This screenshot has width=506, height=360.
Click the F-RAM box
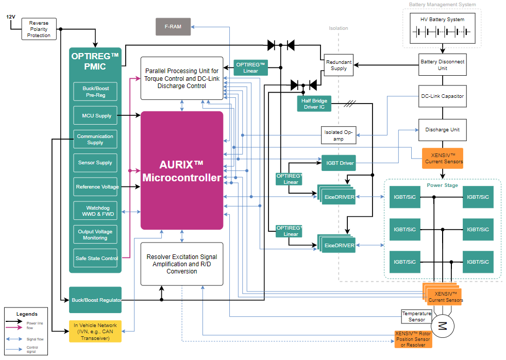pos(173,26)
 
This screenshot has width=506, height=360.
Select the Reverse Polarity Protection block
pos(39,29)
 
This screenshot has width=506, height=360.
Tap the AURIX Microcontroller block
pos(181,170)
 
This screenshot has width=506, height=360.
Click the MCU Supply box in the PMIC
pos(95,115)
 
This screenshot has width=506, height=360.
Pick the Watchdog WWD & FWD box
pos(95,211)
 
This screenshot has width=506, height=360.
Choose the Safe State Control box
pos(95,258)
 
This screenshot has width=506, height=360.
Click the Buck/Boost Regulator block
pos(95,300)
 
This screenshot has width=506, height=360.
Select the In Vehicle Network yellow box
pos(95,331)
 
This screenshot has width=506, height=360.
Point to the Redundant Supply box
pos(339,65)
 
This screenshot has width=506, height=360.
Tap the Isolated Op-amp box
pos(339,135)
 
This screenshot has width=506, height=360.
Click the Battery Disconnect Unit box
pos(442,64)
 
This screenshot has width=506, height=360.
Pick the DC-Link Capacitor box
pos(442,96)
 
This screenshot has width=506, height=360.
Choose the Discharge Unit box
pos(442,130)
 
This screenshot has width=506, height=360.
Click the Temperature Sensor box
pos(417,316)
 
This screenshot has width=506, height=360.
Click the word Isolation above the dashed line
pos(339,28)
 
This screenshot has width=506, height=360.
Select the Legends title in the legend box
pos(27,314)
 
